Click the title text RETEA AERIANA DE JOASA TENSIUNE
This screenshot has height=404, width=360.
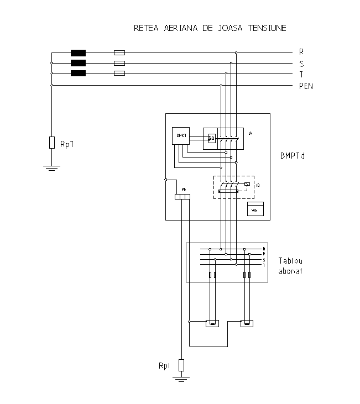pos(210,28)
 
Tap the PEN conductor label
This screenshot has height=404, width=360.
pos(306,86)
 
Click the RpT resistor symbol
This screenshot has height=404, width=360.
pos(51,143)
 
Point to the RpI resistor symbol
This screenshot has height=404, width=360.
pos(181,365)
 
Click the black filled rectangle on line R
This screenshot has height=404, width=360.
pos(78,53)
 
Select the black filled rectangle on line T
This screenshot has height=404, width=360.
pos(78,74)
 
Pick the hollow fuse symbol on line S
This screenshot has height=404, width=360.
pos(119,64)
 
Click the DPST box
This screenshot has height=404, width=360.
pos(180,136)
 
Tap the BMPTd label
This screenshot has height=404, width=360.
pos(293,156)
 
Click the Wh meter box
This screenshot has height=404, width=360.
pos(255,209)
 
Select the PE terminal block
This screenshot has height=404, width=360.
pos(182,197)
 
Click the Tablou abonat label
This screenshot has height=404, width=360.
pos(290,266)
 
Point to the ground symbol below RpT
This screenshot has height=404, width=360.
pos(51,167)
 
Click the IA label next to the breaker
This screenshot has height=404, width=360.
pos(250,134)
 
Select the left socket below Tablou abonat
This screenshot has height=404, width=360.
pos(212,323)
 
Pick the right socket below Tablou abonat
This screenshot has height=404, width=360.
pos(247,323)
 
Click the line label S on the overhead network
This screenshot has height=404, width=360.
pos(301,64)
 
